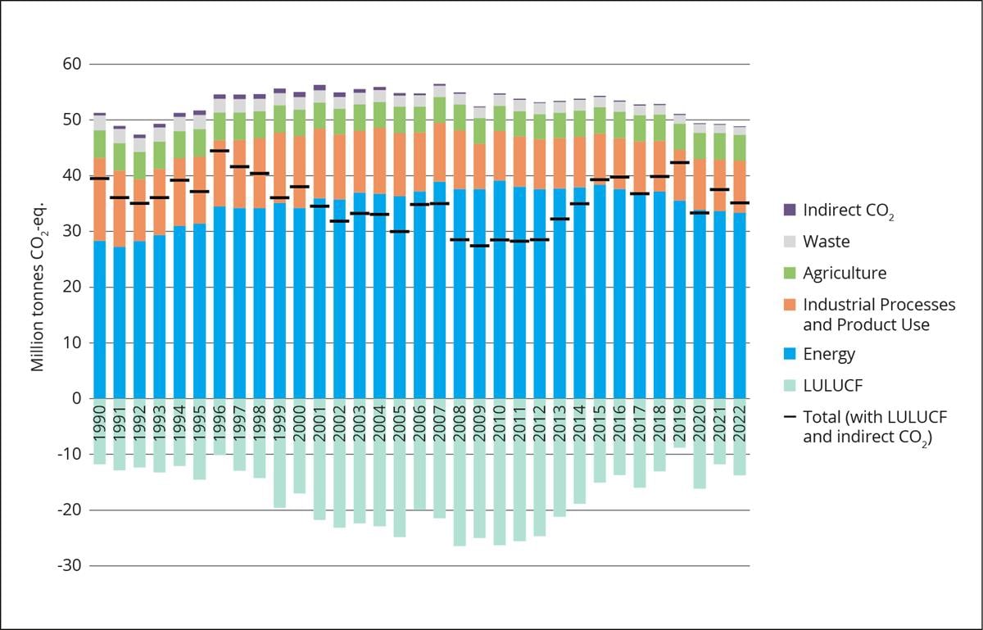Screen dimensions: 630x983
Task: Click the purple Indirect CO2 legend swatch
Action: [790, 210]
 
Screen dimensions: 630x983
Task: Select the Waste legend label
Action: [826, 242]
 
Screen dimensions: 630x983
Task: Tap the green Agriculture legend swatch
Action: [790, 273]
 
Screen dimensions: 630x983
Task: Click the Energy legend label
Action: [829, 354]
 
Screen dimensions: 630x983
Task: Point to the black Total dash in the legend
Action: [790, 417]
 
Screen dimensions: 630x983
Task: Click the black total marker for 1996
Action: [220, 151]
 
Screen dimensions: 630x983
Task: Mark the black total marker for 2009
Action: [479, 246]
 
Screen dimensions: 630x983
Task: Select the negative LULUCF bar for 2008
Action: [460, 492]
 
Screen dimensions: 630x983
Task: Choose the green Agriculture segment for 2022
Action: [740, 147]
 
